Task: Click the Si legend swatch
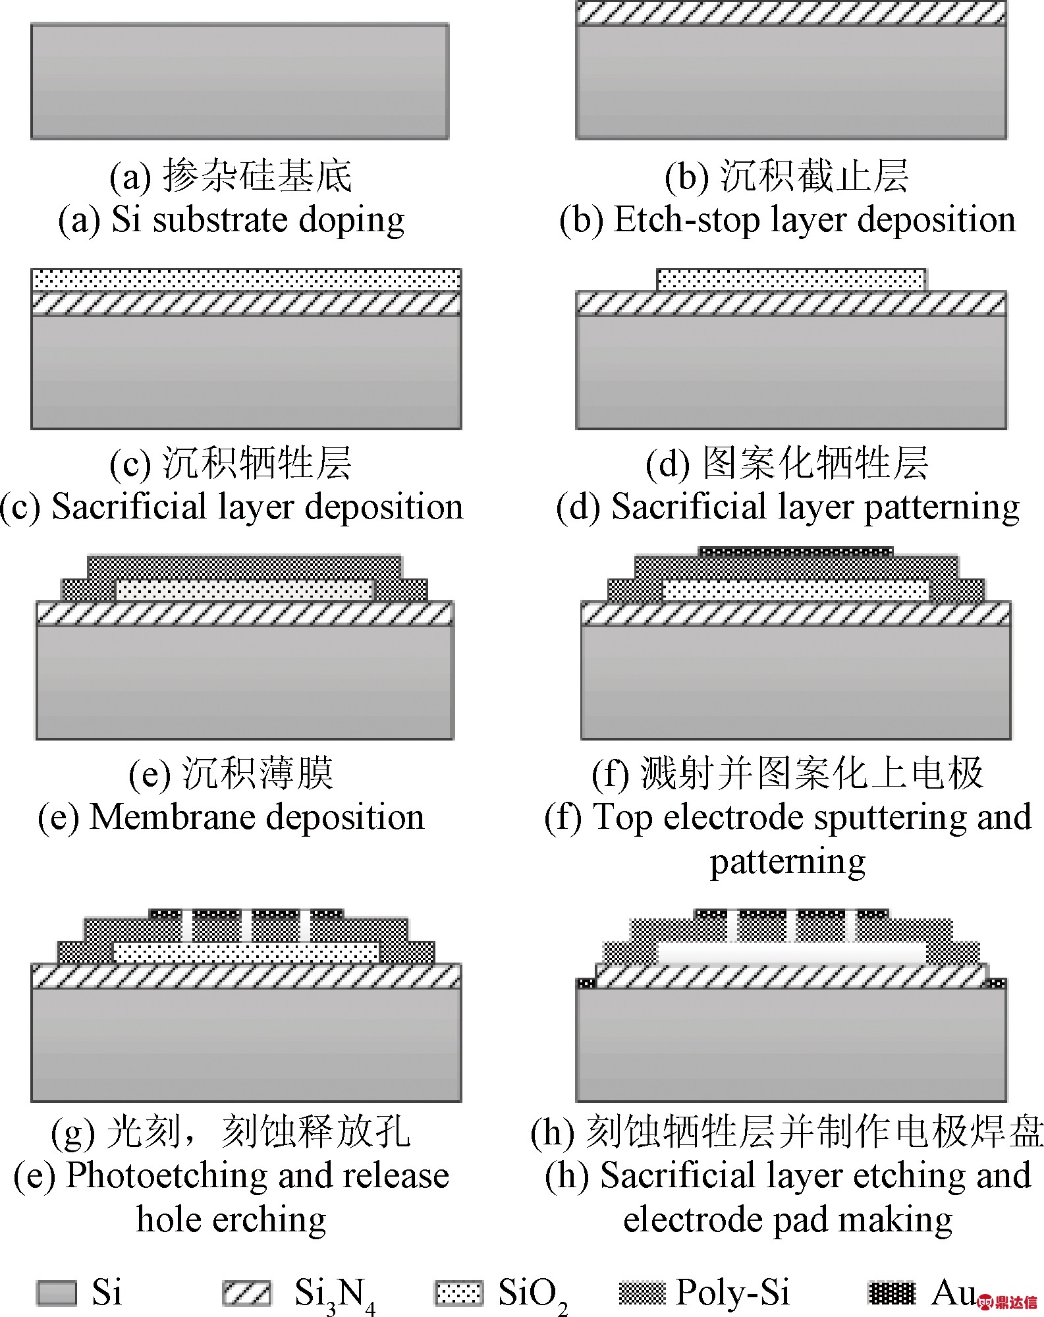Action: pos(56,1293)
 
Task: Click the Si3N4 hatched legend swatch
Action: pos(246,1293)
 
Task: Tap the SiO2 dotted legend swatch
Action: pos(458,1293)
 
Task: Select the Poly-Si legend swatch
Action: pos(642,1293)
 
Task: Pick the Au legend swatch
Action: pos(892,1293)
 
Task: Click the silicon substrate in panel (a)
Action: pos(240,82)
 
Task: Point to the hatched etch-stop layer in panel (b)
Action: pos(791,13)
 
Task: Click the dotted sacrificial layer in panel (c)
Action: pos(246,279)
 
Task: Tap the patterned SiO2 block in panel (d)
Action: pos(792,279)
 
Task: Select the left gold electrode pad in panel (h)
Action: pos(586,983)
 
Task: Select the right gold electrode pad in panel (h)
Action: pos(996,983)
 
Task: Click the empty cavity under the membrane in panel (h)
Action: pos(792,953)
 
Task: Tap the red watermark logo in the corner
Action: pos(1008,1302)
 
